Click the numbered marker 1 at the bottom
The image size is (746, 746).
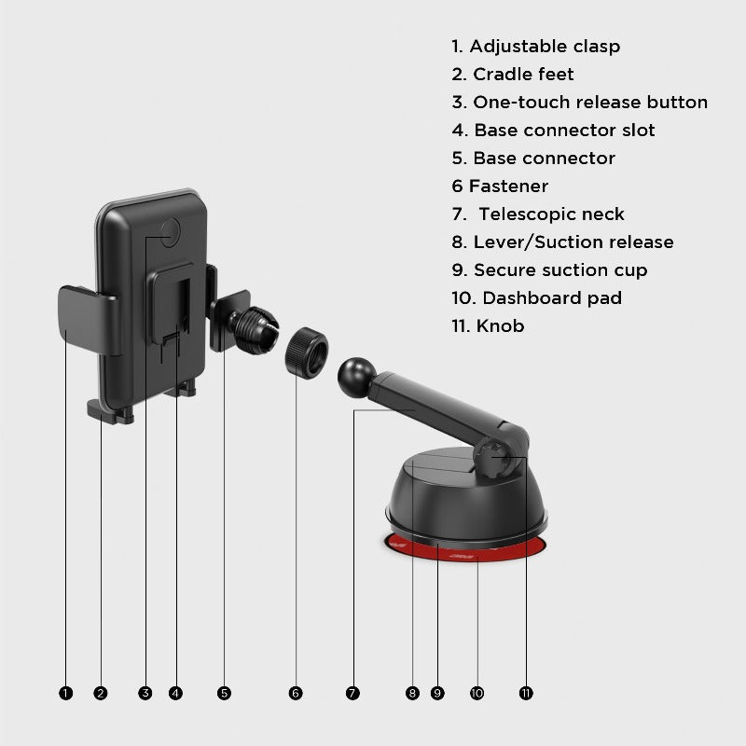click(x=65, y=693)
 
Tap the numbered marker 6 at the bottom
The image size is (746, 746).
click(x=296, y=693)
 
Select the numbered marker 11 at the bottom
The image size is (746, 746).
click(x=526, y=693)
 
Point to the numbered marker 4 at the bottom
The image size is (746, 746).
click(x=175, y=693)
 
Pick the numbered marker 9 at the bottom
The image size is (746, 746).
click(x=437, y=693)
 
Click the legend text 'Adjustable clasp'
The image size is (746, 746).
click(x=545, y=46)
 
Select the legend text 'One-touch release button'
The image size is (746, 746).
click(x=590, y=103)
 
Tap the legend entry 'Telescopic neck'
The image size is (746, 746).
click(x=551, y=214)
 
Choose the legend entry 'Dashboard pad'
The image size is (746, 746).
click(x=552, y=298)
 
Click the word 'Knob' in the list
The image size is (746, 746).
click(x=500, y=325)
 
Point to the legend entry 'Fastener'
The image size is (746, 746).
click(x=508, y=186)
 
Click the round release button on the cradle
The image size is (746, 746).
click(x=170, y=232)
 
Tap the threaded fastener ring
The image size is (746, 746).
click(x=307, y=353)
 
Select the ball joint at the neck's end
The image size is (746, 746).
click(x=356, y=378)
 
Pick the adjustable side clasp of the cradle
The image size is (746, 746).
click(x=88, y=320)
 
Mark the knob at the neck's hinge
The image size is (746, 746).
click(x=496, y=458)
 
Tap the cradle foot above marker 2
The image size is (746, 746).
click(x=109, y=411)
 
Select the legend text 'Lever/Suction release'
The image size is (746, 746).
click(x=573, y=242)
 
